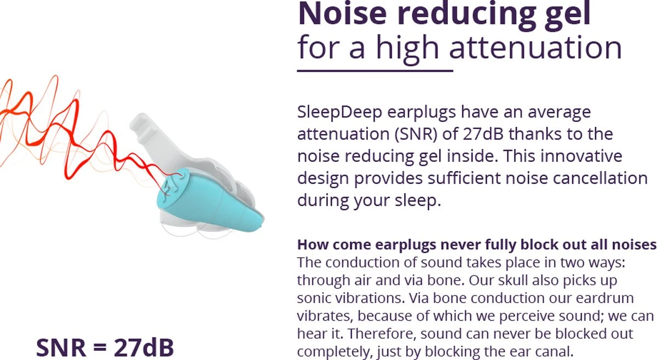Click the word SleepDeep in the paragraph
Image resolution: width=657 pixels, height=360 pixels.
click(339, 112)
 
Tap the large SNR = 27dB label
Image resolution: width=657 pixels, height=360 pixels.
click(105, 347)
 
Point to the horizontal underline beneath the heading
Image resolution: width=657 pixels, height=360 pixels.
click(375, 71)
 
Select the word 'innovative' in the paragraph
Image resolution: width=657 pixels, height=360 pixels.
click(581, 156)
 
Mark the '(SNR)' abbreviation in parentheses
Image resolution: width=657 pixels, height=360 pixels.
click(416, 134)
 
